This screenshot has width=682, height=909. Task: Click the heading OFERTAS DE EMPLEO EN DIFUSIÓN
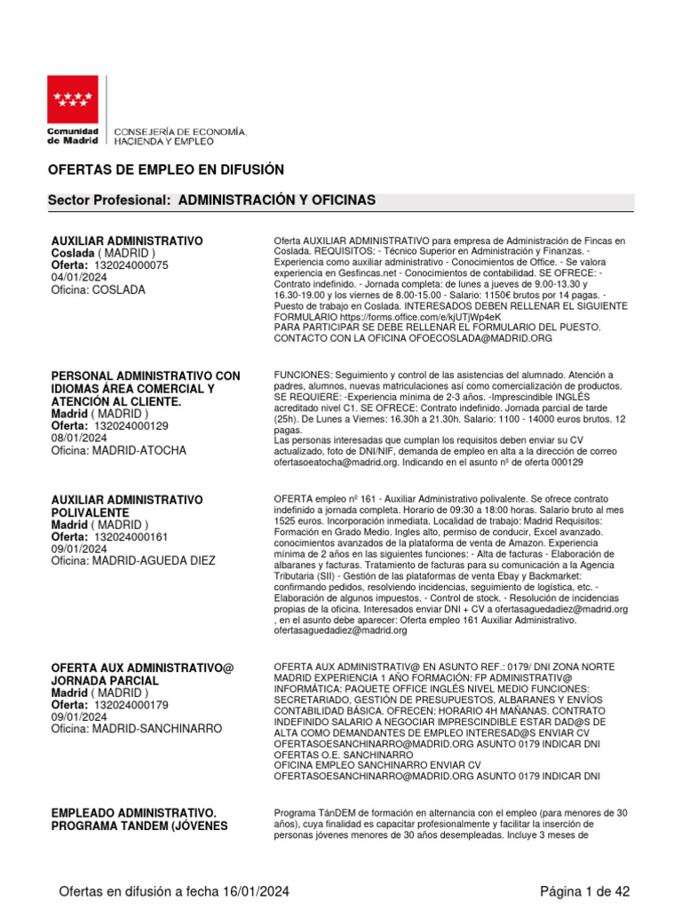pos(165,170)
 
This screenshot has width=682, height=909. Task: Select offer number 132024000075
pos(131,265)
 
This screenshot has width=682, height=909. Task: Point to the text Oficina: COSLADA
pos(98,290)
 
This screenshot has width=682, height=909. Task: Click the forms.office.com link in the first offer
pos(418,316)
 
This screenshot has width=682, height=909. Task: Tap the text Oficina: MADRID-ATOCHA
pos(119,451)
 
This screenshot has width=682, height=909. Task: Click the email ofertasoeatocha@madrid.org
pos(333,462)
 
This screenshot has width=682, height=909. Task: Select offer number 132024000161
pos(131,537)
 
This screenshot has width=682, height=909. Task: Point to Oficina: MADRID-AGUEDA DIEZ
pos(133,561)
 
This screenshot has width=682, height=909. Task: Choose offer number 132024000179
pos(131,705)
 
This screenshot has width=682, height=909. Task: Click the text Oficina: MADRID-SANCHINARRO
pos(137,730)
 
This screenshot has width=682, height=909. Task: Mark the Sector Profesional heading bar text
pos(211,202)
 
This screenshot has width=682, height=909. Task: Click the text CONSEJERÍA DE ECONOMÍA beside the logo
pos(178,132)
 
